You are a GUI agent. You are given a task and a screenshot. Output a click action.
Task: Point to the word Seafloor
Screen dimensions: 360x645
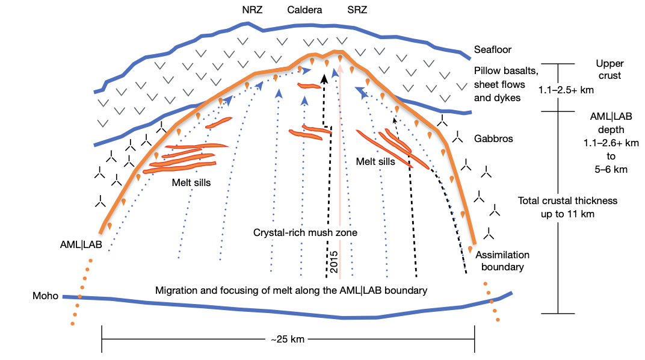pos(493,50)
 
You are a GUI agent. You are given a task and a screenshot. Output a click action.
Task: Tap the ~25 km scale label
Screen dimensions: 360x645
pos(288,340)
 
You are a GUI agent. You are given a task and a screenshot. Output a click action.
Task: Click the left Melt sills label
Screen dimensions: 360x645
pos(191,182)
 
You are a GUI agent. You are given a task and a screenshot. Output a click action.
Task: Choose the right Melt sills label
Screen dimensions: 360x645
pos(375,161)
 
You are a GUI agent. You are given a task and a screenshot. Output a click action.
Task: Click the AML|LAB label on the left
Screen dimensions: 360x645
pos(81,246)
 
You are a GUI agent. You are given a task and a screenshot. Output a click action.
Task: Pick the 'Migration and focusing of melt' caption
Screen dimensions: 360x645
pos(291,290)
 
